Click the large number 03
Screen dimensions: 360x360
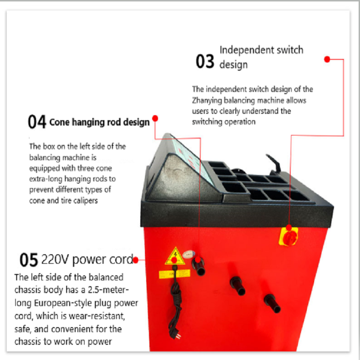point(205,61)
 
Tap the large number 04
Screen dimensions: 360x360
point(37,121)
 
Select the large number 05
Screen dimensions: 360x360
point(29,260)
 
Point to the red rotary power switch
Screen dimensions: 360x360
point(289,237)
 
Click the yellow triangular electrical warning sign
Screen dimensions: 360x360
point(175,256)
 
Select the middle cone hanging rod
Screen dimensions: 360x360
point(238,286)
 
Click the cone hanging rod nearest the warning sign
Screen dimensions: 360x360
point(198,266)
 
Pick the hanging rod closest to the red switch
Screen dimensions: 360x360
point(273,303)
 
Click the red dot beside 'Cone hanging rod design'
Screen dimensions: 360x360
point(155,118)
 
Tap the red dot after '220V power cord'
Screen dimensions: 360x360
point(135,260)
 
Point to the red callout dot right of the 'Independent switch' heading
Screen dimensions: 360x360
point(327,59)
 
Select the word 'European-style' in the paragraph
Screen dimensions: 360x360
point(63,303)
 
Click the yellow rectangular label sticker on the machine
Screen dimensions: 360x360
point(175,274)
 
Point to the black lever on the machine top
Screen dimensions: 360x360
point(274,162)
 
